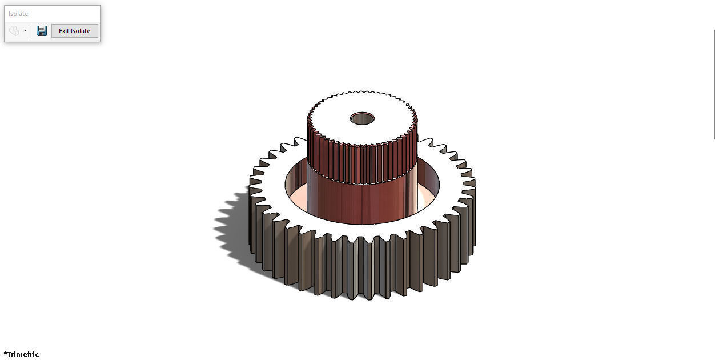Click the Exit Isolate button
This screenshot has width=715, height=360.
(74, 31)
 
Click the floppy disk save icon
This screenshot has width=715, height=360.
(42, 31)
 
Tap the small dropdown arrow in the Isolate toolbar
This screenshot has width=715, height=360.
(25, 31)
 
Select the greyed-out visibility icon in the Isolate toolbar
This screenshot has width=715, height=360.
(14, 31)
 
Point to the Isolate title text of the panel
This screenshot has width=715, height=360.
(18, 14)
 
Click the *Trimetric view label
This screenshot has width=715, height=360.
(22, 354)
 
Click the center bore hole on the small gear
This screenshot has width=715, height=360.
(362, 119)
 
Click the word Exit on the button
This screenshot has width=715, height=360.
(64, 31)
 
